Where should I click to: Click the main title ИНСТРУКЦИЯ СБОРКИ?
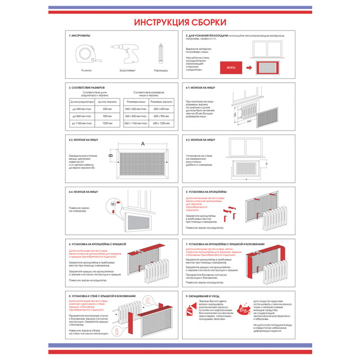tap(180, 22)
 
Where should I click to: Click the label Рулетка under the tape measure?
tap(86, 70)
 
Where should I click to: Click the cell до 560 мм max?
tap(82, 108)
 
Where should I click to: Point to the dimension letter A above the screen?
tap(142, 143)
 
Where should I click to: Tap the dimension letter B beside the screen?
tap(111, 155)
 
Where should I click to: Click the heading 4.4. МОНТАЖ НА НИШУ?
tap(83, 192)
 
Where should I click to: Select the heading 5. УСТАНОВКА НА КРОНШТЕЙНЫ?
tap(212, 192)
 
